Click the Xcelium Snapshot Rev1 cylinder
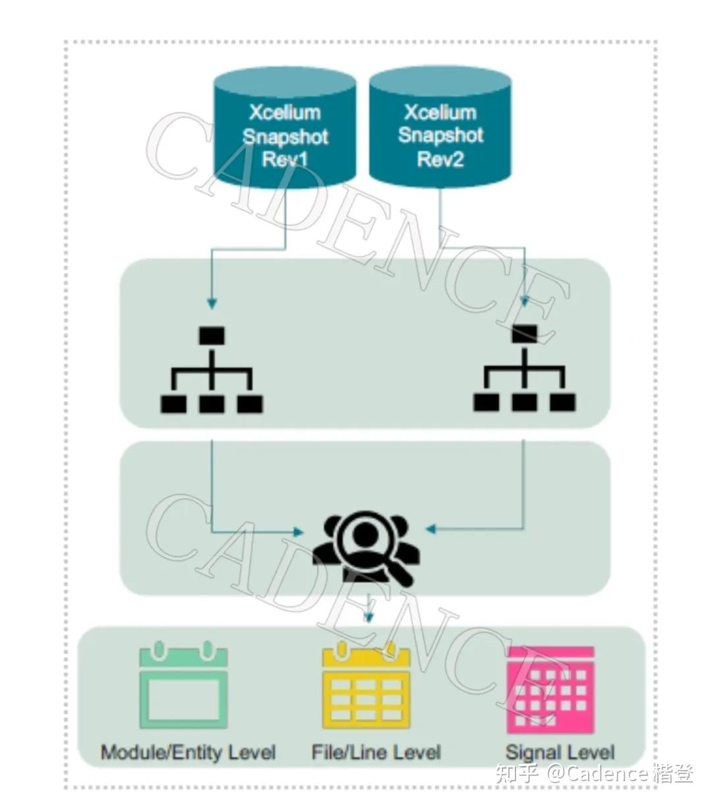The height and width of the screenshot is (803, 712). point(285,127)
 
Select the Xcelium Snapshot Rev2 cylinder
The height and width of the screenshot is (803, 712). point(440,127)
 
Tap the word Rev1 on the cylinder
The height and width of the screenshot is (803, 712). point(285,159)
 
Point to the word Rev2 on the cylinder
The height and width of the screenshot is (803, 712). point(440,159)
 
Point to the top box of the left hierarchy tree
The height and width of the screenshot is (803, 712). point(212,336)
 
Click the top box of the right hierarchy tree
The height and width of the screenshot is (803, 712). point(524,334)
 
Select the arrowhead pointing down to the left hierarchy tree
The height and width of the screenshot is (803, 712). point(212,303)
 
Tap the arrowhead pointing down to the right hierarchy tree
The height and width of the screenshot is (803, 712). point(525,301)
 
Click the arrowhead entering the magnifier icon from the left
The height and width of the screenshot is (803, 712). point(298,531)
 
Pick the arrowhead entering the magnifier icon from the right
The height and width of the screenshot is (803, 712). point(431,529)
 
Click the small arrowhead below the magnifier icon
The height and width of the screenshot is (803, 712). point(369,616)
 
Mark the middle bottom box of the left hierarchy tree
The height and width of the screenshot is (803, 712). point(212,404)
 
